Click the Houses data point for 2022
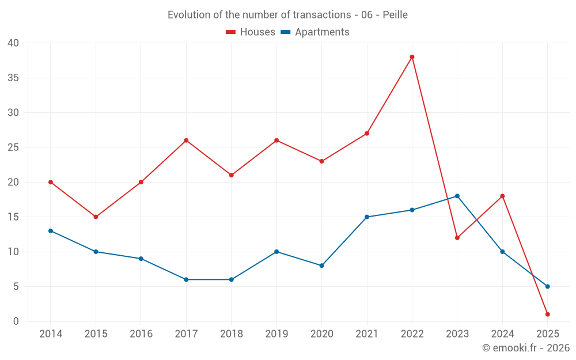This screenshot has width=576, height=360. [412, 57]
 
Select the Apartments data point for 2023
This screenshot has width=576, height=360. [457, 196]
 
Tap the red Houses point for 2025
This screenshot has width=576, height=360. [547, 314]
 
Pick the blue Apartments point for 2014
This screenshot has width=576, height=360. [51, 231]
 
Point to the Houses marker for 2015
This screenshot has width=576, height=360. [96, 217]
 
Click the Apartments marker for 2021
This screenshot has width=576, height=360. [367, 217]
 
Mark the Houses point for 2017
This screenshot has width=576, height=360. [186, 141]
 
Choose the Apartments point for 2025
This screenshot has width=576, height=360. [547, 286]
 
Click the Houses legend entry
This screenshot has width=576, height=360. [251, 32]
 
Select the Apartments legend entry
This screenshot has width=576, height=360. [315, 32]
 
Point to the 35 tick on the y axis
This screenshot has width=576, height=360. [13, 78]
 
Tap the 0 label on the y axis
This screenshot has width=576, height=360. [16, 321]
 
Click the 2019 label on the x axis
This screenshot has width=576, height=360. [276, 334]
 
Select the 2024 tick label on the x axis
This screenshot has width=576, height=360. [502, 334]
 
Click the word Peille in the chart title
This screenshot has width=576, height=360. [395, 15]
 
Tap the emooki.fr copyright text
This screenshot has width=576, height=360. [525, 348]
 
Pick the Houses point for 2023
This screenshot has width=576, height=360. [457, 238]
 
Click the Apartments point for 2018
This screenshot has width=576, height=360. [231, 279]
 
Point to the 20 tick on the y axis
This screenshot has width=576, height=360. [13, 182]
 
